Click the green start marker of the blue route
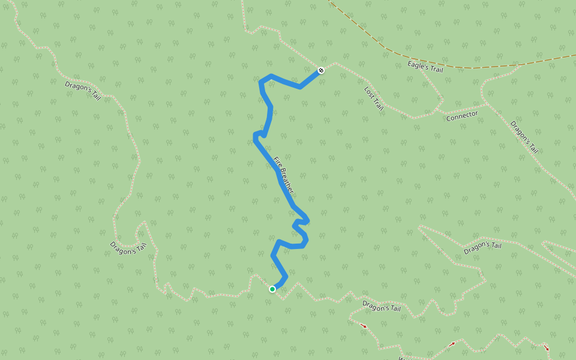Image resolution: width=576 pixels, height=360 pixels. tap(272, 289)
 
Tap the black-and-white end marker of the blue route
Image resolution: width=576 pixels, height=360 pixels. tap(322, 70)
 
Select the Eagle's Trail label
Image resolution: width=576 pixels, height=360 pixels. tap(425, 66)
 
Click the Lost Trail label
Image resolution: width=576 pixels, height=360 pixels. tap(373, 98)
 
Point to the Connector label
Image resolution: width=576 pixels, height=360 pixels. tap(462, 115)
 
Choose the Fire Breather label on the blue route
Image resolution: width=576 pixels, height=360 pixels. tap(284, 175)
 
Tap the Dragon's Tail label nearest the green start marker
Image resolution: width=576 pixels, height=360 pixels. tap(381, 307)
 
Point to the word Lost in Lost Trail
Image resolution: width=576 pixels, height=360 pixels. tap(368, 92)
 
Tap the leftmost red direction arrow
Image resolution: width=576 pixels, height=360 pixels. tap(363, 325)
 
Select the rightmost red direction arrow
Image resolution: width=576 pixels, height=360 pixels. tap(546, 347)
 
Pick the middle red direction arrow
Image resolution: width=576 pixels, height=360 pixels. tap(451, 344)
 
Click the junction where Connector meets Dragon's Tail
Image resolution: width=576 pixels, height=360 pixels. tap(487, 103)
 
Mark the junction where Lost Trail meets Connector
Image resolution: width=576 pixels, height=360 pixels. tap(437, 110)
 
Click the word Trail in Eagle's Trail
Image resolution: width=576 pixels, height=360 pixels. tap(436, 69)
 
